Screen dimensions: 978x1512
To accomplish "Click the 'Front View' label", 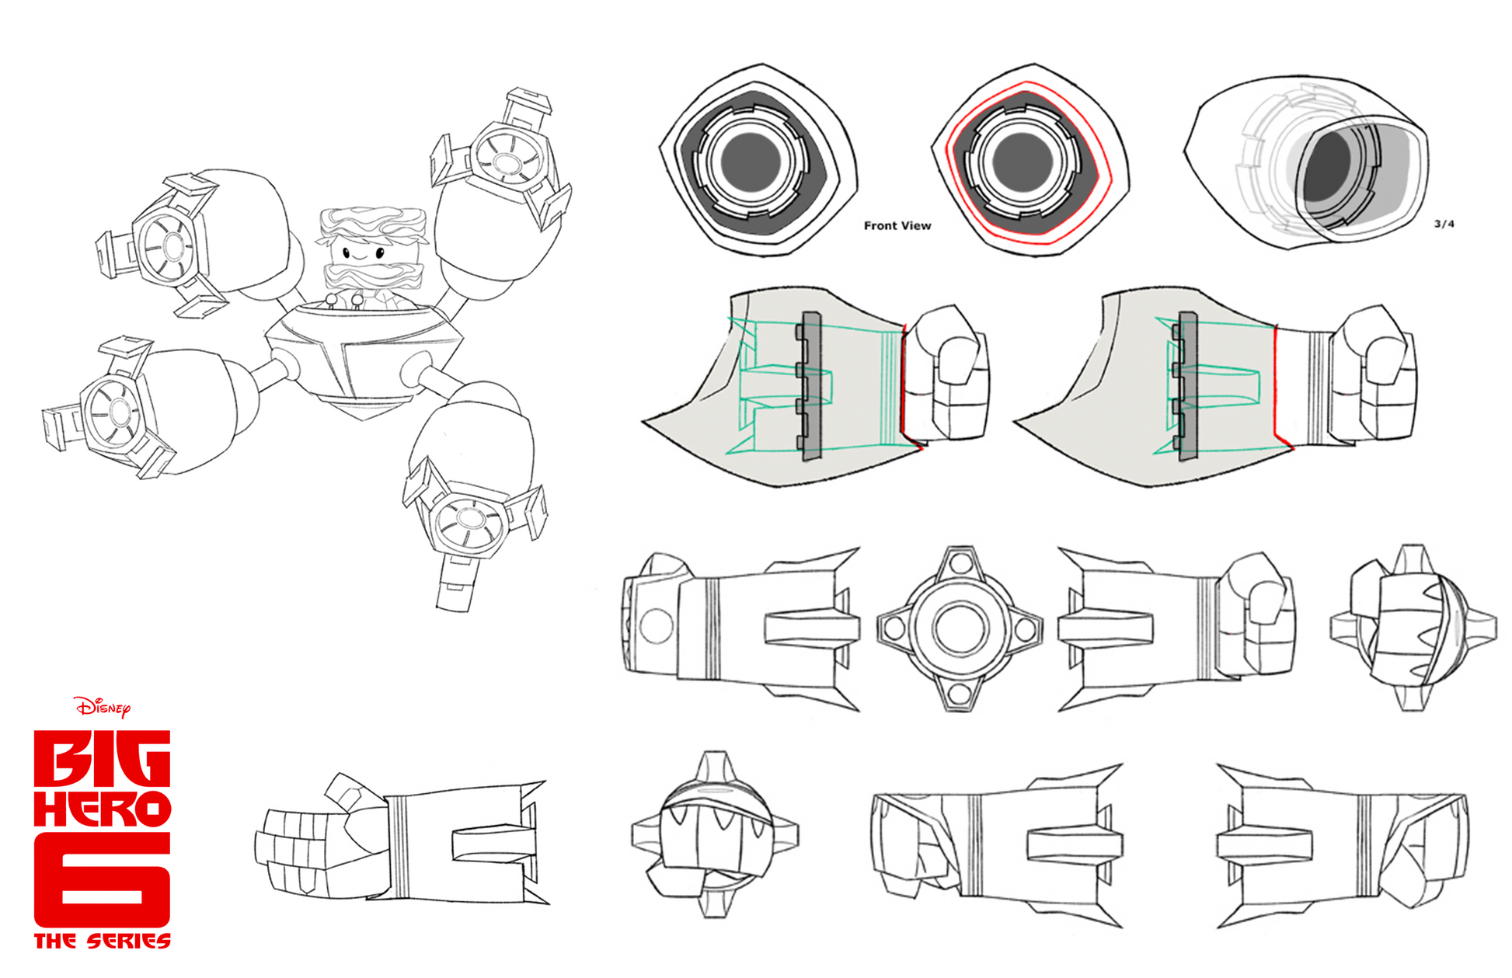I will [897, 225].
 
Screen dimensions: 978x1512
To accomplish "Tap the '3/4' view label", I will [1444, 224].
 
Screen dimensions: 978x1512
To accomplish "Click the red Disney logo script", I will [102, 707].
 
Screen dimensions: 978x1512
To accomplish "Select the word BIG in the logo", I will [102, 757].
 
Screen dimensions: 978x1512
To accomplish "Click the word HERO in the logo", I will [102, 809].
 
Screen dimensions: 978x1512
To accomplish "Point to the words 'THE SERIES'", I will [102, 941].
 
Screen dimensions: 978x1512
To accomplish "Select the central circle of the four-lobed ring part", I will [960, 628].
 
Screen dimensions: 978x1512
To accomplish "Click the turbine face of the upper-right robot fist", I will [507, 162].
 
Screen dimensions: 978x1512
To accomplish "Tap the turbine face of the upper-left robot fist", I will [172, 247].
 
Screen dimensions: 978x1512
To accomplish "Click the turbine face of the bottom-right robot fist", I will [467, 519].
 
